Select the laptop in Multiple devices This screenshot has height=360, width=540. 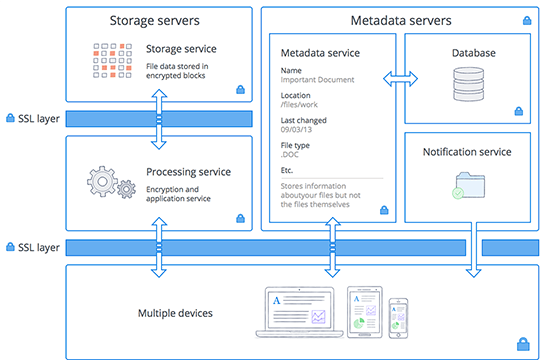(296, 310)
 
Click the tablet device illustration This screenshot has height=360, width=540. (361, 311)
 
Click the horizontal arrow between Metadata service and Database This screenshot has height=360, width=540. (402, 78)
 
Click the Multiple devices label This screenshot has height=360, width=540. (175, 313)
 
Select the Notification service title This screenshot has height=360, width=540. (468, 152)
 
